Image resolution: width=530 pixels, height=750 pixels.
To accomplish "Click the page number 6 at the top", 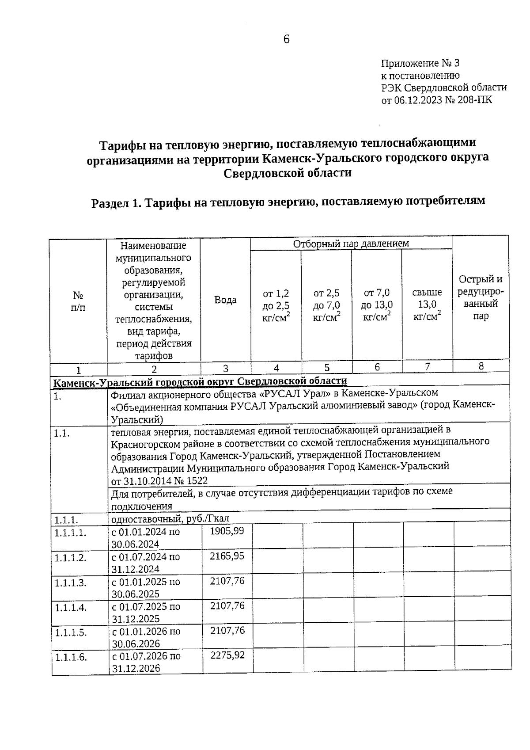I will (286, 39).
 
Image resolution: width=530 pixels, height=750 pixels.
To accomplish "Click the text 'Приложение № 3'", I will (420, 63).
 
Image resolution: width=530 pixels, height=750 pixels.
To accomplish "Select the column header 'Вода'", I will (225, 300).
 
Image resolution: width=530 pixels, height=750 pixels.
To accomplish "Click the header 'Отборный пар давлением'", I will (351, 243).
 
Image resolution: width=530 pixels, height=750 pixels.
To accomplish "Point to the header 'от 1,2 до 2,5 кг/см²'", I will (276, 305).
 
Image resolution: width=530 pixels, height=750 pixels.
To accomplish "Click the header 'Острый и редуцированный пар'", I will (481, 297).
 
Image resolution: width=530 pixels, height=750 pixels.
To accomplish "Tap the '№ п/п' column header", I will (78, 301).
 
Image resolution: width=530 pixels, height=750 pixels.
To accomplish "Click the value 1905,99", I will (227, 531).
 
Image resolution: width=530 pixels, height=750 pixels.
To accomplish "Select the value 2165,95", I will (227, 556).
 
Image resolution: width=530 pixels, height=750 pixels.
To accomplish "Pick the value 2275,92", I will (227, 655).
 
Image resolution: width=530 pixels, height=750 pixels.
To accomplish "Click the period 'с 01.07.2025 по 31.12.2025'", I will (146, 613).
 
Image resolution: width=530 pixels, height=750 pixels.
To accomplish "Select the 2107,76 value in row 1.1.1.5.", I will (227, 630).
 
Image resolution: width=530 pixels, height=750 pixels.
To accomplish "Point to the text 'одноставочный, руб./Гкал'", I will (170, 518).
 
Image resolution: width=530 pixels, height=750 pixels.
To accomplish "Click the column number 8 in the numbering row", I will (481, 366).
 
